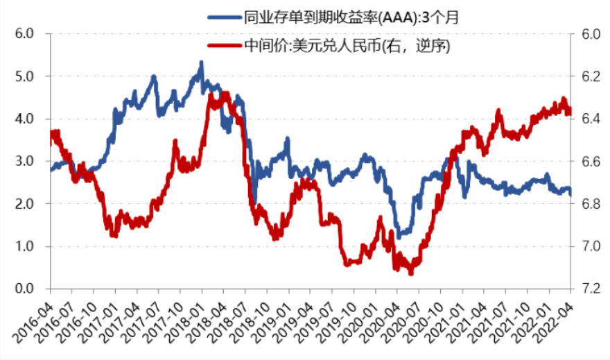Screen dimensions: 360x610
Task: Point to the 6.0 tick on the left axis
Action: coord(25,33)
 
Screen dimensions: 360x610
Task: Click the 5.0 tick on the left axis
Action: coord(25,76)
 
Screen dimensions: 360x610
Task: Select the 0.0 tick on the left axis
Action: coord(25,289)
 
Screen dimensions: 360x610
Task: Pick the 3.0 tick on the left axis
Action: coord(25,162)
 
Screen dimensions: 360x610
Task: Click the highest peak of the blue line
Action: coord(201,62)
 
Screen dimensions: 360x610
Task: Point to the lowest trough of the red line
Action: coord(411,273)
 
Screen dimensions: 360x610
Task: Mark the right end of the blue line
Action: coord(570,195)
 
